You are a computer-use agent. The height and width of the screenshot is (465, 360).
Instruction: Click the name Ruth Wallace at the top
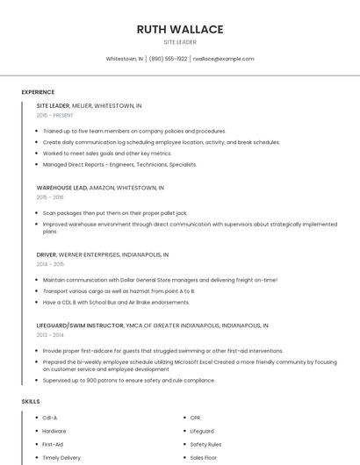pyautogui.click(x=180, y=29)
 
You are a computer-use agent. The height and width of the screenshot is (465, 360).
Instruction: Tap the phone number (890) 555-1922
pyautogui.click(x=168, y=59)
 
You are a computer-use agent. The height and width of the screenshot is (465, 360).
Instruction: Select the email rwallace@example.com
pyautogui.click(x=223, y=59)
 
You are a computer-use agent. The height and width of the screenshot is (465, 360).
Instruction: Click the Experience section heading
pyautogui.click(x=38, y=92)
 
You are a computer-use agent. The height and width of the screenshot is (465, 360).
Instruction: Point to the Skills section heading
pyautogui.click(x=31, y=401)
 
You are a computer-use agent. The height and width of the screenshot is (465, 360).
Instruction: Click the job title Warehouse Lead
pyautogui.click(x=61, y=188)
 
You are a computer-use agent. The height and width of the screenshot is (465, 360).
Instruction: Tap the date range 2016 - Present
pyautogui.click(x=54, y=115)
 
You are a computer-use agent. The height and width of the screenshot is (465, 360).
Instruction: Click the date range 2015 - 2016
pyautogui.click(x=50, y=197)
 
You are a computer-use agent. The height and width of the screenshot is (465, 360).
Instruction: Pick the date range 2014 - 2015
pyautogui.click(x=50, y=264)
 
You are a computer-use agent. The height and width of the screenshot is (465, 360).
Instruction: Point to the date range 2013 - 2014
pyautogui.click(x=50, y=334)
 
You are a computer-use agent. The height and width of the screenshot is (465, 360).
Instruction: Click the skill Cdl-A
pyautogui.click(x=50, y=418)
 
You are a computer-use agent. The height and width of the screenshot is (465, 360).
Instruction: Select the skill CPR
pyautogui.click(x=196, y=418)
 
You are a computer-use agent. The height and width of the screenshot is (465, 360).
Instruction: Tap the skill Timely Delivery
pyautogui.click(x=61, y=457)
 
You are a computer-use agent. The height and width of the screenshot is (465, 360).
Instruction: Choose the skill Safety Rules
pyautogui.click(x=205, y=444)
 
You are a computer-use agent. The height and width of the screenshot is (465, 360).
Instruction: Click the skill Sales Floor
pyautogui.click(x=204, y=457)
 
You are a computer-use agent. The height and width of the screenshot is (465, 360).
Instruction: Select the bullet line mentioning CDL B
pyautogui.click(x=116, y=302)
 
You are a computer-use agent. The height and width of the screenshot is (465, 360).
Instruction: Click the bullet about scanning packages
pyautogui.click(x=115, y=212)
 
